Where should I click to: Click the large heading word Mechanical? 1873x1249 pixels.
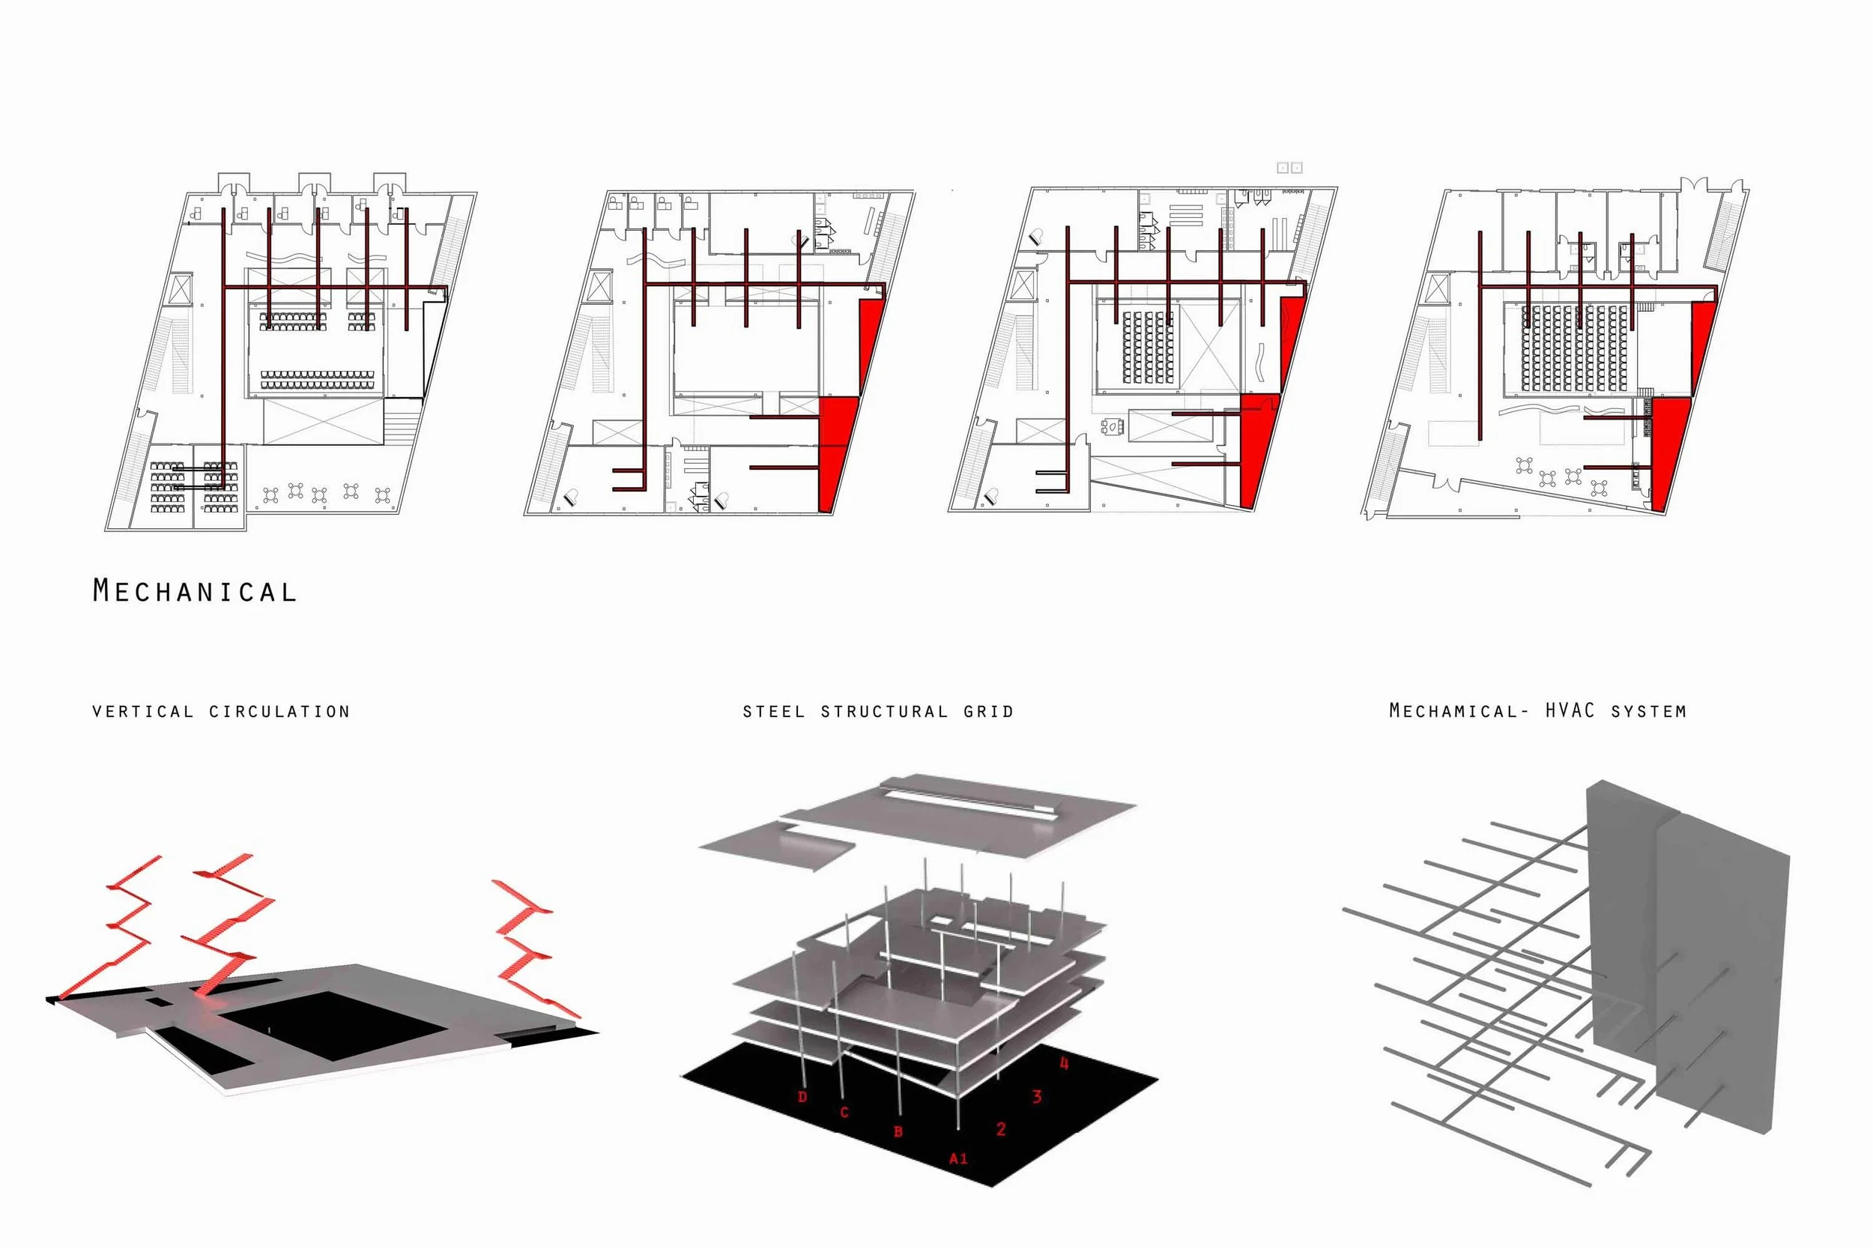(x=194, y=591)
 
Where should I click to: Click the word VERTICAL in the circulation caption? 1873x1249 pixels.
(x=142, y=711)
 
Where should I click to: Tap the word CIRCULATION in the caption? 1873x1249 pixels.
(x=279, y=711)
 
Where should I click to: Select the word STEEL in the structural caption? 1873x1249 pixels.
(x=773, y=711)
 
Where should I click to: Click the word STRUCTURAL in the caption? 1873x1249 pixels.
(x=884, y=711)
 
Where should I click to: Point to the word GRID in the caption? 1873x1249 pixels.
(x=987, y=711)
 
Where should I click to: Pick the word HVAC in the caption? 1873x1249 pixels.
(x=1570, y=710)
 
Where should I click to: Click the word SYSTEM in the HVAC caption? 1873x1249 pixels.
(x=1647, y=711)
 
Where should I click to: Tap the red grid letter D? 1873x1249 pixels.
(x=802, y=1097)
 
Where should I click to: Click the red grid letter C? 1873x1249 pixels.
(x=844, y=1112)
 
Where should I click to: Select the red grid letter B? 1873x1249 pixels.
(x=898, y=1132)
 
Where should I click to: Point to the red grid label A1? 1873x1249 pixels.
(x=958, y=1158)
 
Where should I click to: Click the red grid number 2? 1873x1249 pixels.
(x=1001, y=1128)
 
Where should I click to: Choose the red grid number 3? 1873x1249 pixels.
(x=1036, y=1097)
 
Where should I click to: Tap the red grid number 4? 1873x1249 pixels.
(x=1064, y=1063)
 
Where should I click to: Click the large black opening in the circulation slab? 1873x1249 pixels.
(x=334, y=1023)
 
